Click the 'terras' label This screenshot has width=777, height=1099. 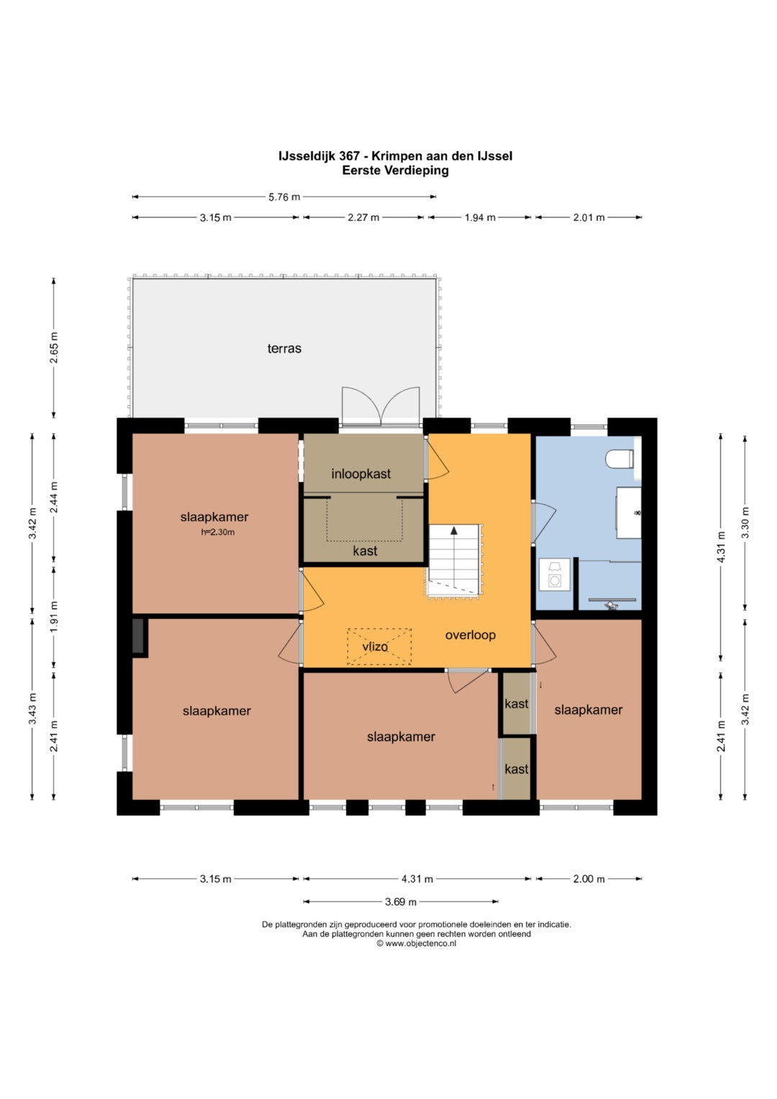pos(284,348)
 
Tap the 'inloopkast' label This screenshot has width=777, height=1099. pos(361,474)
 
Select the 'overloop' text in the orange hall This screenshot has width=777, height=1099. pos(470,635)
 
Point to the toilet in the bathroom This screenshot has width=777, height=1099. pos(619,459)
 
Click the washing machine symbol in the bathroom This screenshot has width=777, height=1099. pos(555,574)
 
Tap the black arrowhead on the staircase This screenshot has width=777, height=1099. pos(454,530)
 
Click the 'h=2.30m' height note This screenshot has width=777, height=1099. pos(217,532)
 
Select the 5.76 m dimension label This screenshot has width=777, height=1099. pos(284,197)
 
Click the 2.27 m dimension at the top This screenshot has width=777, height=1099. pos(363,217)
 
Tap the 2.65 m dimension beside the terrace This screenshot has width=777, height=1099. pos(54,348)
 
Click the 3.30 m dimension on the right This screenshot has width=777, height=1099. pos(745,523)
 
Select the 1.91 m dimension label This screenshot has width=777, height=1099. pos(54,617)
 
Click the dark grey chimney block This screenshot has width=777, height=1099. pos(138,636)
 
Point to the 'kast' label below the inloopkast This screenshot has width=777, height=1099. pos(365,551)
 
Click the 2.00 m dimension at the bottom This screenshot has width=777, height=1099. pos(589,879)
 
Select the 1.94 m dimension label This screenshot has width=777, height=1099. pos(480,217)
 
